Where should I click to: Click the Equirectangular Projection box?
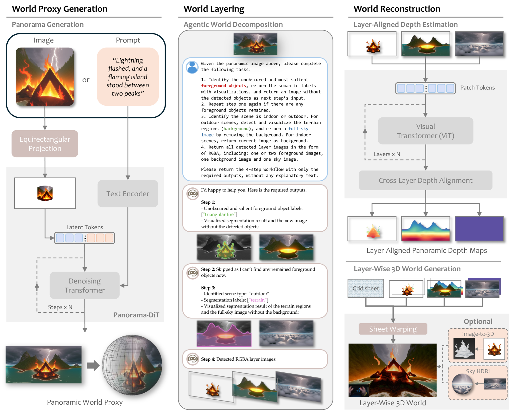click(45, 144)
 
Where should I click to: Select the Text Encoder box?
click(128, 194)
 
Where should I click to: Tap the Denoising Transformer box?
click(84, 285)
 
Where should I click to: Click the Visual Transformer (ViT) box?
click(425, 131)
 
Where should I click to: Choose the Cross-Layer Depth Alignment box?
click(425, 180)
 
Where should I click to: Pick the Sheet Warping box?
click(393, 329)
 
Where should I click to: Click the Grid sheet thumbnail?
click(365, 288)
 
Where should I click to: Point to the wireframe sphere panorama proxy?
click(132, 365)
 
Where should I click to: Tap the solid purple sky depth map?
click(479, 229)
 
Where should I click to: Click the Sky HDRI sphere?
click(462, 384)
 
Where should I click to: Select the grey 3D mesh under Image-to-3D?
click(464, 349)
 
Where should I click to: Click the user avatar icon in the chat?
click(192, 67)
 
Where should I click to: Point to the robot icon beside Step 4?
click(193, 359)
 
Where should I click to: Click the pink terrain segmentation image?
click(224, 334)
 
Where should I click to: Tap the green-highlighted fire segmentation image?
click(224, 247)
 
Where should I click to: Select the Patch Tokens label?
click(477, 88)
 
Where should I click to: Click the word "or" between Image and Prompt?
click(86, 80)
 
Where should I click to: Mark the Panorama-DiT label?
click(136, 315)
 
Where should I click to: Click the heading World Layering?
click(214, 9)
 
